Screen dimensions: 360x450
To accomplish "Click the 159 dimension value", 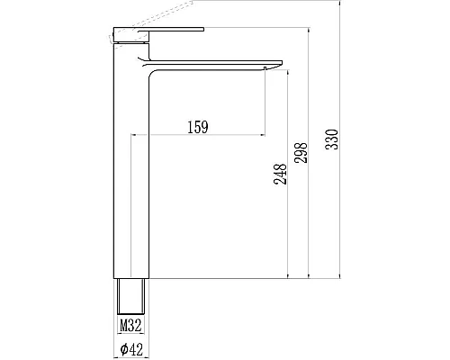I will click(199, 127).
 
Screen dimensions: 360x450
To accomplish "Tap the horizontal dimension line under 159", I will click(199, 136).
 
